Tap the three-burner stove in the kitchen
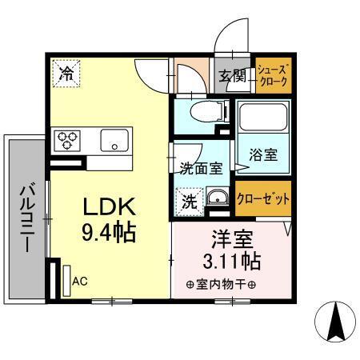[68, 140]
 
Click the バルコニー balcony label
[26, 216]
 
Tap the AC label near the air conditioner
[80, 282]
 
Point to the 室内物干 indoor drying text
[221, 284]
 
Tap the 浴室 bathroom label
[263, 155]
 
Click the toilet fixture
[198, 111]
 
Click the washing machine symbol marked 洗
[188, 201]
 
